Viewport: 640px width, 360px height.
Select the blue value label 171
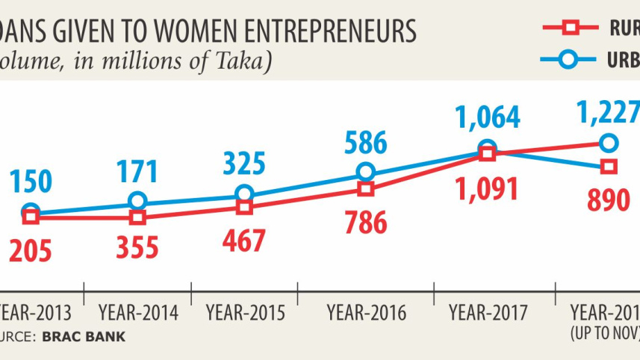137,171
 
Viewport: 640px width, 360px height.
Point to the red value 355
137,247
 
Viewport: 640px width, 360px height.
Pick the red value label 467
244,240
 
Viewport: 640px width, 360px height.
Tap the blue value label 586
365,141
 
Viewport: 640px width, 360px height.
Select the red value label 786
365,222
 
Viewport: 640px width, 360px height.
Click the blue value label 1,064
488,118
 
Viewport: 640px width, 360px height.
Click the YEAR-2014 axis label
138,313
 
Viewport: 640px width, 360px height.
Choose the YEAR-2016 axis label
367,313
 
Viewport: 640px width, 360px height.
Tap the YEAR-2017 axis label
488,313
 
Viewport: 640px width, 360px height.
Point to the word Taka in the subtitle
240,61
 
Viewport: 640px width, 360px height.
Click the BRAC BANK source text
84,337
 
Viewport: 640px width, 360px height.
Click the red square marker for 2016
365,189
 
